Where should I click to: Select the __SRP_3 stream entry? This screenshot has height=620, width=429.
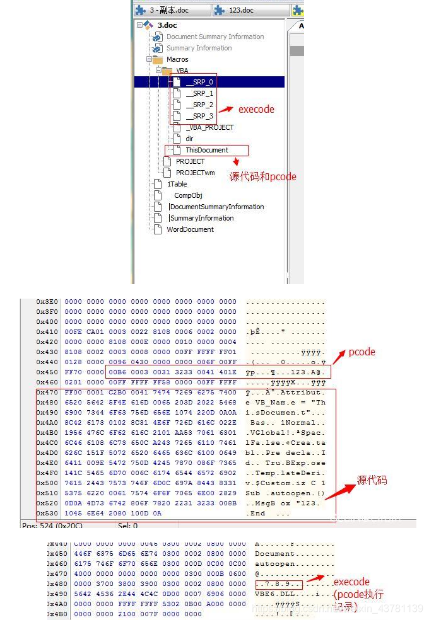pos(199,116)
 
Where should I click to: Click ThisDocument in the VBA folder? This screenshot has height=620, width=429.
pos(206,150)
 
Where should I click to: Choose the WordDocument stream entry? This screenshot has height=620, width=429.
pos(190,229)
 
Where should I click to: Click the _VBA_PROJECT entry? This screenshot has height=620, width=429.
pos(209,127)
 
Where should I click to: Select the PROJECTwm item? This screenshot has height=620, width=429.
pos(195,173)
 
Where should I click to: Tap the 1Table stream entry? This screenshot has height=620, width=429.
pos(177,184)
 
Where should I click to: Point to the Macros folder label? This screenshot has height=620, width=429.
pos(177,59)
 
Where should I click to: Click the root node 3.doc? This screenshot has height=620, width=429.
pos(167,25)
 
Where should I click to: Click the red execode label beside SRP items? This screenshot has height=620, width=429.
pos(256,109)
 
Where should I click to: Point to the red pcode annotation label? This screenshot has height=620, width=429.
pos(361,352)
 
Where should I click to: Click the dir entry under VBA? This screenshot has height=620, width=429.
pos(189,139)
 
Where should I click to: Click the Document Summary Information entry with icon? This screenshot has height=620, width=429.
pos(214,37)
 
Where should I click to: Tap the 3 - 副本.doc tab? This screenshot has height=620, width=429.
pos(169,11)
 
